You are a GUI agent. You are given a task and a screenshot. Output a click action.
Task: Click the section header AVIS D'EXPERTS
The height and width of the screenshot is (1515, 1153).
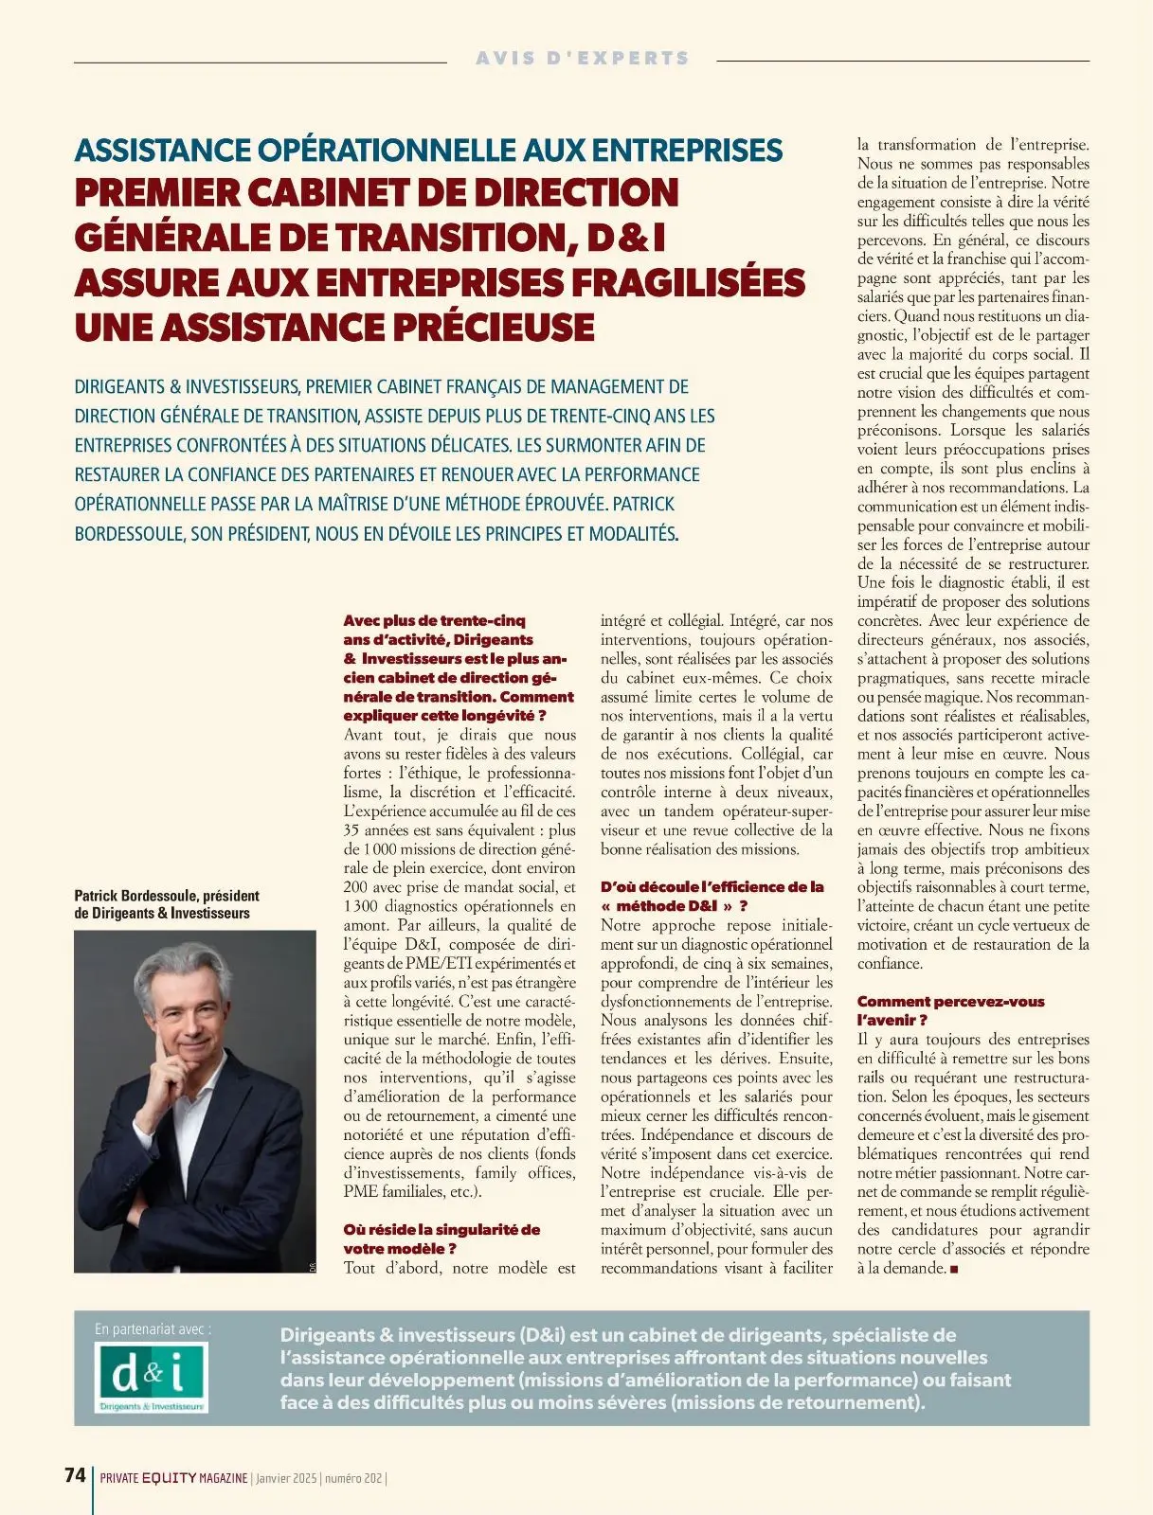pyautogui.click(x=582, y=58)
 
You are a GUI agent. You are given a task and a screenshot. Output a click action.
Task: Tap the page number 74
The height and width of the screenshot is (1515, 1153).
pyautogui.click(x=75, y=1475)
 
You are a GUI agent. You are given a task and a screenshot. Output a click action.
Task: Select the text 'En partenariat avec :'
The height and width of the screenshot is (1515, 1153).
pyautogui.click(x=153, y=1329)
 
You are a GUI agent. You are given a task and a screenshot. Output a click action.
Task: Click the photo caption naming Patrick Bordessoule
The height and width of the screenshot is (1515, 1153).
pyautogui.click(x=166, y=904)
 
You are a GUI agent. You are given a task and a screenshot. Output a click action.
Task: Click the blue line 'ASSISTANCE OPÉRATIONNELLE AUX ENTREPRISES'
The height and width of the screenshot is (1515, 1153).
pyautogui.click(x=428, y=150)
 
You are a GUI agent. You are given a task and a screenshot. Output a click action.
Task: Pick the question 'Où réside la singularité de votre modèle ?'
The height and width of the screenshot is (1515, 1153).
pyautogui.click(x=441, y=1239)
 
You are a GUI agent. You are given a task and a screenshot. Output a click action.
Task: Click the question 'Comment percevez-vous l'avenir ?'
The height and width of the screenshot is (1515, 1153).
pyautogui.click(x=950, y=1010)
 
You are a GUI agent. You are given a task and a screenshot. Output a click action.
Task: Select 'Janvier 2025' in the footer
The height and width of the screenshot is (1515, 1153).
pyautogui.click(x=286, y=1478)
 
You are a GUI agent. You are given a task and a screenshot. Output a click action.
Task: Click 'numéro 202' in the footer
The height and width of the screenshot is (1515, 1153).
pyautogui.click(x=353, y=1478)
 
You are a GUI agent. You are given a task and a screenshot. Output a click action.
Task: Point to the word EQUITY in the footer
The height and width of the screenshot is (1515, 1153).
pyautogui.click(x=169, y=1478)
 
